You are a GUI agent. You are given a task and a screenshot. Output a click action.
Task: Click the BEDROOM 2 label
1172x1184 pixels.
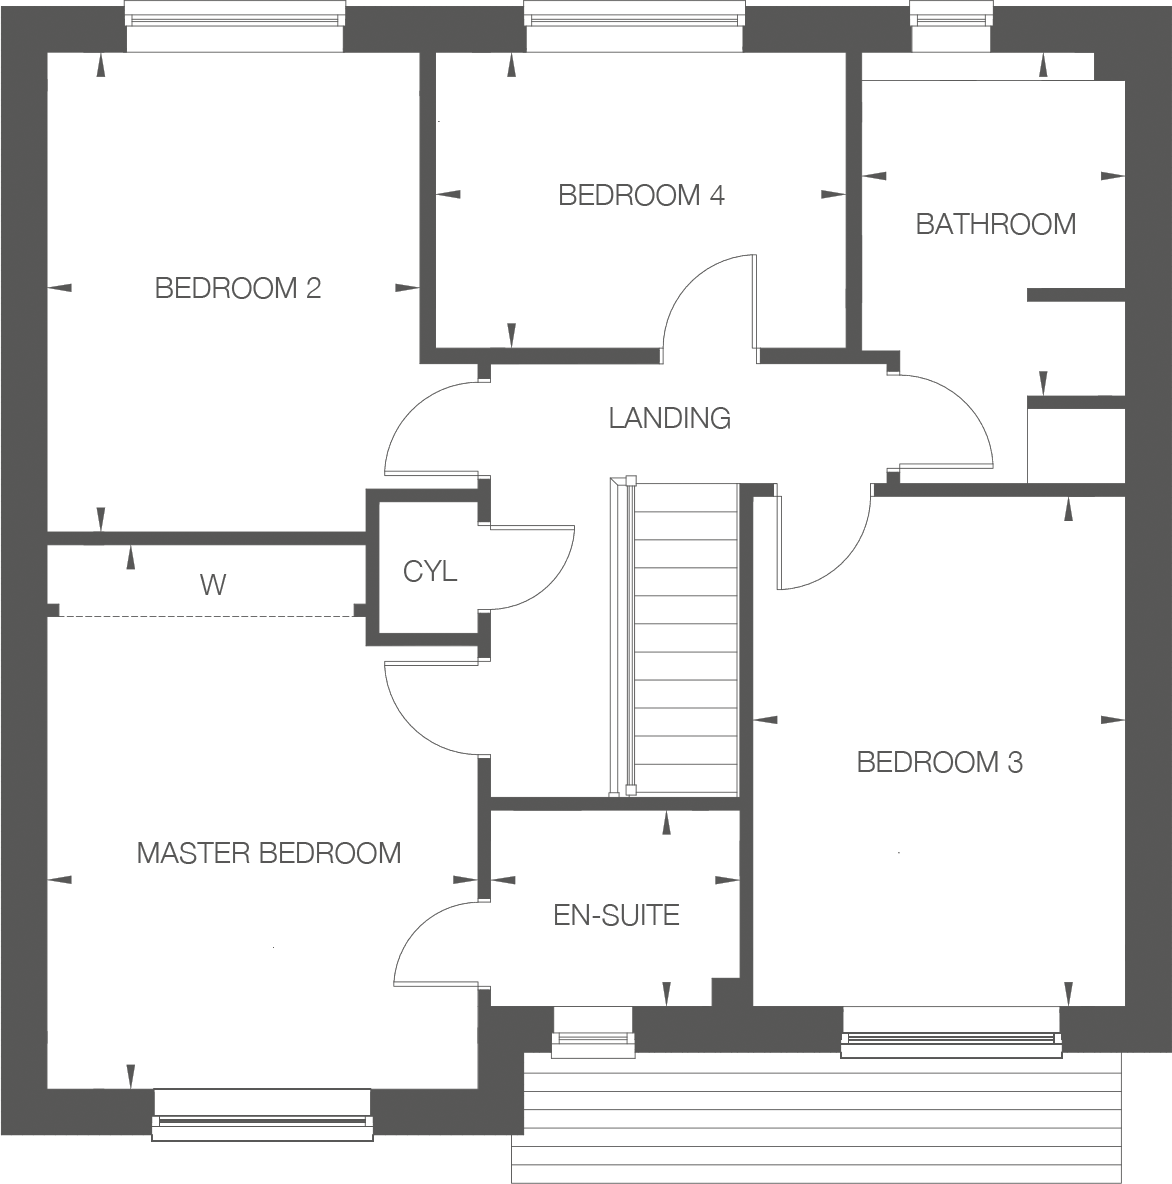(238, 289)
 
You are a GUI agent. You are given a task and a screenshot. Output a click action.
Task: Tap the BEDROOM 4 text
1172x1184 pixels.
(641, 195)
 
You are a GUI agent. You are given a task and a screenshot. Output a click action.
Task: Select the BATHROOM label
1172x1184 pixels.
(996, 224)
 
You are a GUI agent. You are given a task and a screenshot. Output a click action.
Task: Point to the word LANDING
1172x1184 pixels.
(669, 418)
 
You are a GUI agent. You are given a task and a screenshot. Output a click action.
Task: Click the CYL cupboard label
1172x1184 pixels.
(430, 572)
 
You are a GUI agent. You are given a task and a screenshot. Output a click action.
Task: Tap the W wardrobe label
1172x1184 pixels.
(213, 585)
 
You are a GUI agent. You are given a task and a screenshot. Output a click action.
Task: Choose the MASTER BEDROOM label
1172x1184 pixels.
(269, 853)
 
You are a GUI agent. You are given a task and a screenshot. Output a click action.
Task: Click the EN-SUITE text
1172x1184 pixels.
(616, 915)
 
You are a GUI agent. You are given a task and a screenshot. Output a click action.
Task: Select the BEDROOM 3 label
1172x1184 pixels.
(939, 763)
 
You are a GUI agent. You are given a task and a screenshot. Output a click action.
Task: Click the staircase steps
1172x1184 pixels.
(686, 640)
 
